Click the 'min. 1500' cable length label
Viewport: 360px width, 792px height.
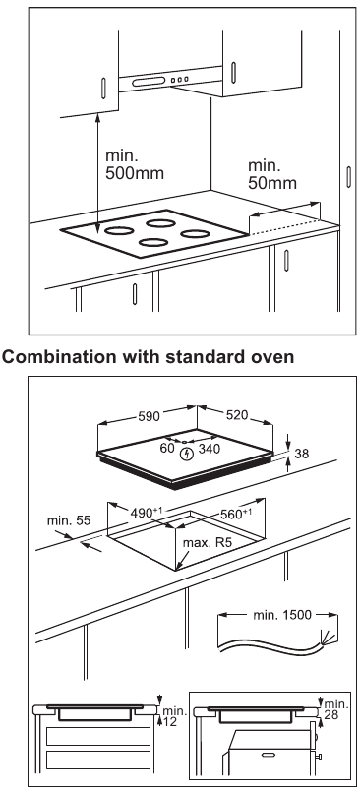tap(279, 614)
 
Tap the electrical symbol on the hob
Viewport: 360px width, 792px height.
tap(186, 454)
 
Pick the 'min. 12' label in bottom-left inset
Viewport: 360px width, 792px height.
tap(172, 716)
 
